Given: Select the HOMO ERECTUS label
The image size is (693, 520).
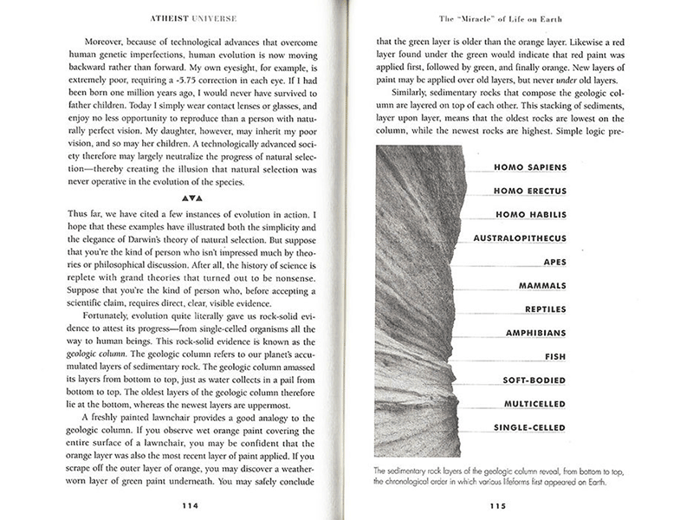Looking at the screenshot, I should click(x=529, y=191).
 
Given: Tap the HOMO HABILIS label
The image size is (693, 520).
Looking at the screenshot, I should click(x=531, y=214).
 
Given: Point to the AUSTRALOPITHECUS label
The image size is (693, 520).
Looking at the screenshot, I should click(x=520, y=237).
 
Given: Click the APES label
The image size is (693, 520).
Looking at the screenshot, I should click(x=554, y=261).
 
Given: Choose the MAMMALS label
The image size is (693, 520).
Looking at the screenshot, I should click(x=541, y=285).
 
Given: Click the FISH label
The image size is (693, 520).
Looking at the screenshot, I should click(x=555, y=356).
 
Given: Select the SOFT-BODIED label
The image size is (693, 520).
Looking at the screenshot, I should click(x=534, y=380).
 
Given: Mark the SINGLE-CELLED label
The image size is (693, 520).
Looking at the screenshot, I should click(x=528, y=427).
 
